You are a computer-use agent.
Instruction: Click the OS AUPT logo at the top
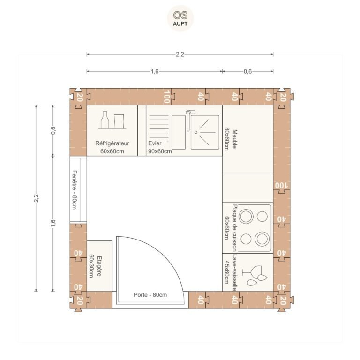coord(180,18)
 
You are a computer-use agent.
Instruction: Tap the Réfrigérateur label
coord(112,143)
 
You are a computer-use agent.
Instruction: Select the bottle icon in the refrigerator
coord(105,120)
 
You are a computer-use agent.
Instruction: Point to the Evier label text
coord(155,143)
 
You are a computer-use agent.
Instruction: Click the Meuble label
coord(235,139)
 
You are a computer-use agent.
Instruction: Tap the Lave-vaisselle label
coord(235,272)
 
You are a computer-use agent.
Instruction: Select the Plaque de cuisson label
coord(235,228)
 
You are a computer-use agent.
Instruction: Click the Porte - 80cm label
coord(150,295)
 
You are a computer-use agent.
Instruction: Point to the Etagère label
coord(99,266)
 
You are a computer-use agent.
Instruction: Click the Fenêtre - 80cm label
coord(75,190)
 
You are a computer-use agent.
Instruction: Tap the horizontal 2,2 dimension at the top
coord(180,54)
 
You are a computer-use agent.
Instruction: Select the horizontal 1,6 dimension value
coord(155,71)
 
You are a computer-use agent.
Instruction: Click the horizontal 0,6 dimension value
coord(247,71)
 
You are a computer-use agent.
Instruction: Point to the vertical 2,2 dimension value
coord(36,198)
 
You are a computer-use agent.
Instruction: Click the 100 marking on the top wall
coord(167,97)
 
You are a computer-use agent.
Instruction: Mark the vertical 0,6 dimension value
coord(53,130)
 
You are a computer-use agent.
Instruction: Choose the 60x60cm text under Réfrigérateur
coord(112,151)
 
